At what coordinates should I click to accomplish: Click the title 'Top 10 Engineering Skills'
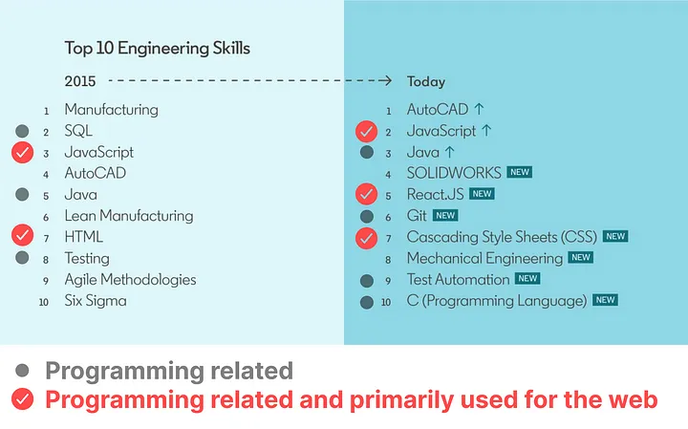coord(157,49)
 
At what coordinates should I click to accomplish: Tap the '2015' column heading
coord(80,81)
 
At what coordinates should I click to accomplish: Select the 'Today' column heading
coord(426,81)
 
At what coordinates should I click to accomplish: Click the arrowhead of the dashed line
coord(387,80)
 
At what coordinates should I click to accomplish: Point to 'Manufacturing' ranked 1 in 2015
coord(112,110)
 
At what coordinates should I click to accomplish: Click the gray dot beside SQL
coord(22,131)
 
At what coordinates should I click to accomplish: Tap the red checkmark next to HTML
coord(22,235)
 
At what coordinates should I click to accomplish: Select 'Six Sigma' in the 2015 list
coord(96,301)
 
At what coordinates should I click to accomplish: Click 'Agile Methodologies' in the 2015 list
coord(130,280)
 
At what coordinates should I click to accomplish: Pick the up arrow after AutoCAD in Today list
coord(479,109)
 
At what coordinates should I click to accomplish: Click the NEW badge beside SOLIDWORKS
coord(520,172)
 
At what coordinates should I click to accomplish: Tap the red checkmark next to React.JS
coord(366,194)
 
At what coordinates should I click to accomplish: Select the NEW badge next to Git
coord(445,215)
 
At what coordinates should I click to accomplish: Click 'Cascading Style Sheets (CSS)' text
coord(502,237)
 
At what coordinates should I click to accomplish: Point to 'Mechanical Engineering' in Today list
coord(484,258)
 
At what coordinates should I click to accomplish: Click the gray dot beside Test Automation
coord(366,281)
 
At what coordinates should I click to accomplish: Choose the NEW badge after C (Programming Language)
coord(606,300)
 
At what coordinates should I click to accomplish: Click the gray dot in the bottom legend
coord(22,371)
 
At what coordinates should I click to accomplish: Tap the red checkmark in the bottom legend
coord(22,399)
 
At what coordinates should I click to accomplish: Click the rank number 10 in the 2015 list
coord(43,302)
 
